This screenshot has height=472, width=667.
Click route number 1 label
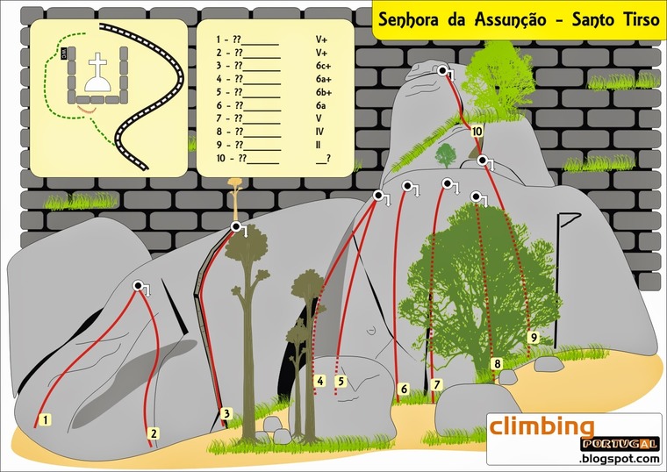tap(45, 419)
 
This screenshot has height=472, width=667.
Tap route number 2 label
tap(153, 433)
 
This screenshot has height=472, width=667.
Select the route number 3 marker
tap(226, 413)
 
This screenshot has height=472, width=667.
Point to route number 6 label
tap(404, 388)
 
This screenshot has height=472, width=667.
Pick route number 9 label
tap(533, 336)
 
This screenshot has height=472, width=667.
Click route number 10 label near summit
tap(477, 132)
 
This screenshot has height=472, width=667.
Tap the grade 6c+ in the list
tap(323, 65)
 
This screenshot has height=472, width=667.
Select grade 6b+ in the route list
tap(323, 91)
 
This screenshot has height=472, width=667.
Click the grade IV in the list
tap(319, 131)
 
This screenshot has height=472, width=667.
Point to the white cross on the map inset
tap(97, 67)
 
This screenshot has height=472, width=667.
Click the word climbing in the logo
tap(541, 427)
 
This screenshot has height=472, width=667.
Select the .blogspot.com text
tap(619, 458)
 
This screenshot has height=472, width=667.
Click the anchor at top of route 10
tap(443, 70)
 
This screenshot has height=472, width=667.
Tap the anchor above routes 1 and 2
tap(139, 286)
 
